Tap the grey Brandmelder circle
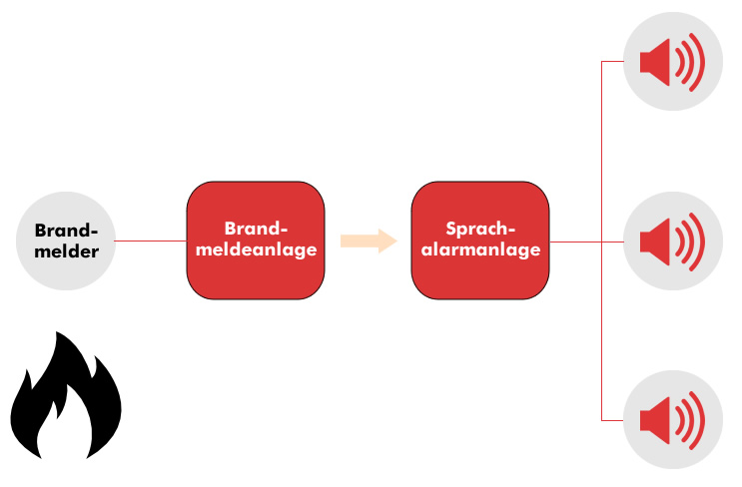coord(66,241)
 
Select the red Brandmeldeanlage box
coord(256,241)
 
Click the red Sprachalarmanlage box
coord(480,241)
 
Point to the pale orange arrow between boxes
coord(369,241)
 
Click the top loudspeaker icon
coord(673,62)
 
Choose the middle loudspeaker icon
coord(673,242)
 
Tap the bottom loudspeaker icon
coord(673,420)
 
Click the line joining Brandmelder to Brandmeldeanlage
coord(151,241)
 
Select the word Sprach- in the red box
coord(480,229)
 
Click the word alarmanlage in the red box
coord(480,249)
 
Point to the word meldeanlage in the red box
coord(256,249)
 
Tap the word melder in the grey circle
coord(66,251)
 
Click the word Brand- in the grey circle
coord(66,231)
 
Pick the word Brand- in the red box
coord(256,229)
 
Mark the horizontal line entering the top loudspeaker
coord(613,62)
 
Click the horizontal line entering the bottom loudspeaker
coord(613,420)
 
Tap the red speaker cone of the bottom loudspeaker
coord(655,420)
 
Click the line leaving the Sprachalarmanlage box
coord(587,242)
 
